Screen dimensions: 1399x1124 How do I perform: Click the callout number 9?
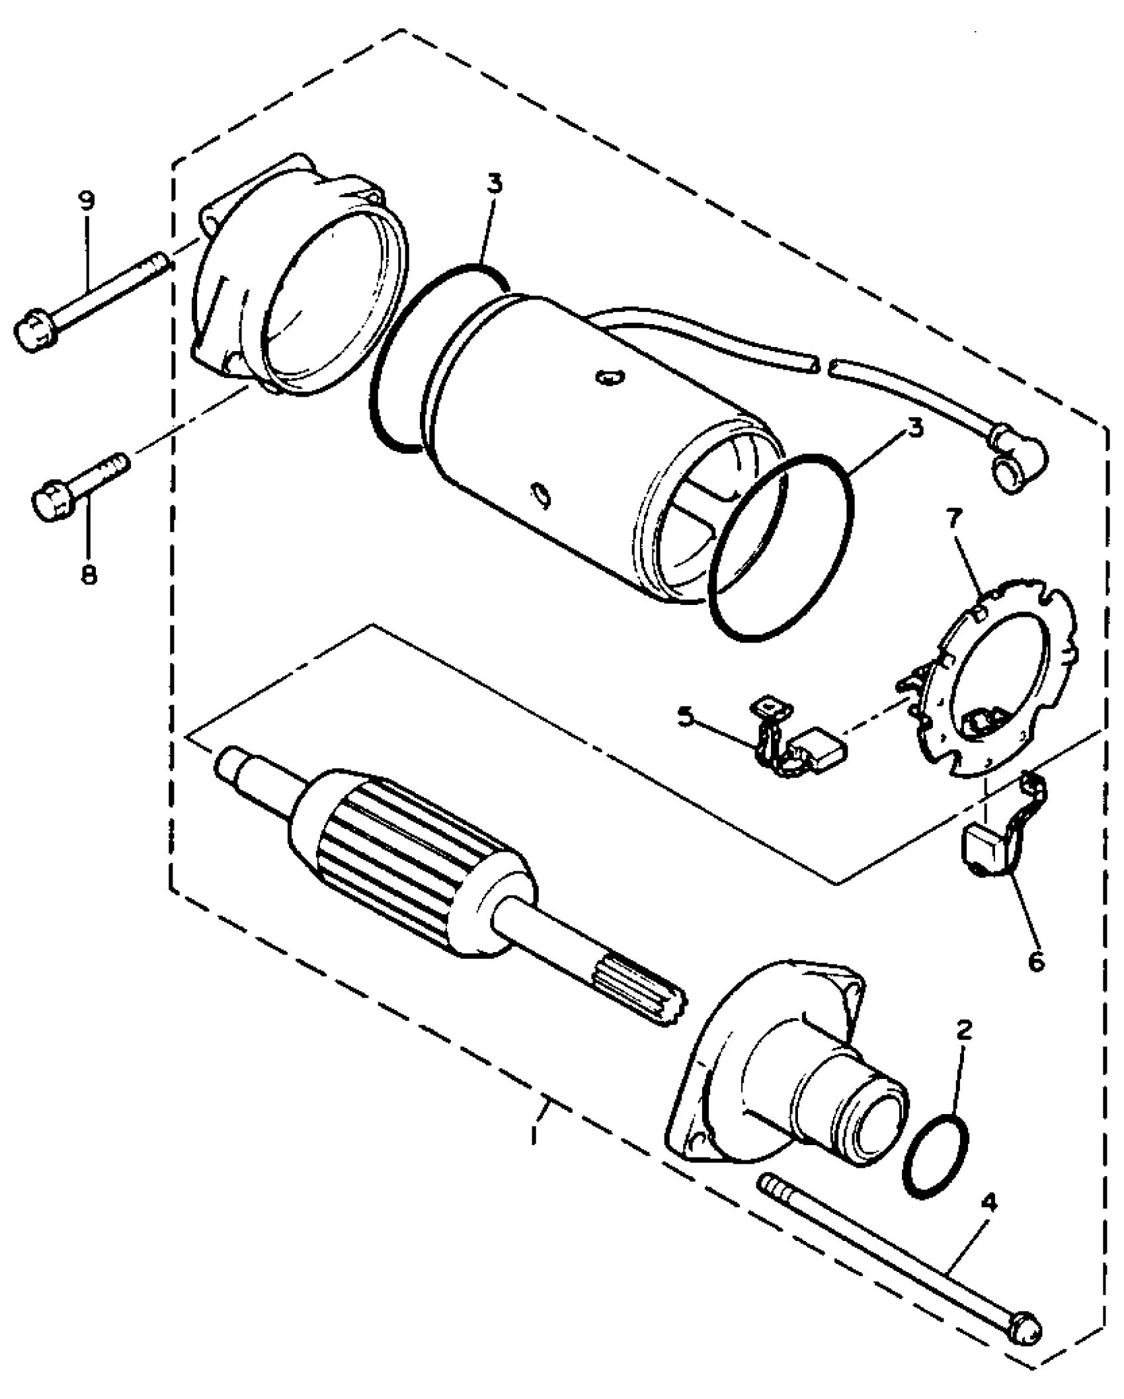click(87, 200)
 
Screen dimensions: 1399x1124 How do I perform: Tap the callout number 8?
click(88, 573)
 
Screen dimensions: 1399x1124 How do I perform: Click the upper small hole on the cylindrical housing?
click(609, 377)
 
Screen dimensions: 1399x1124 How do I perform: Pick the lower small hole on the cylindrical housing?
click(540, 494)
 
